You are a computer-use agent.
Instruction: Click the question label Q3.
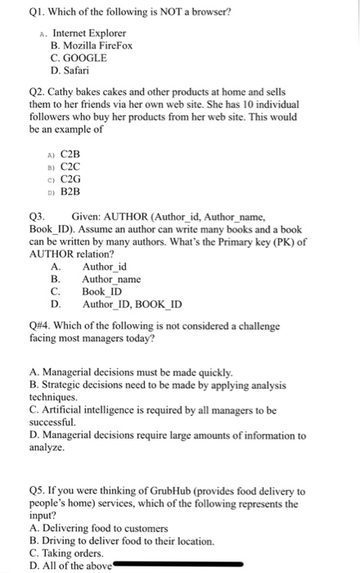pyautogui.click(x=37, y=217)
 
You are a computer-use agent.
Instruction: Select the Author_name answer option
pyautogui.click(x=111, y=279)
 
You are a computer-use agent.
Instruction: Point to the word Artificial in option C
pyautogui.click(x=61, y=410)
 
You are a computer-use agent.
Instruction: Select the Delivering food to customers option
pyautogui.click(x=103, y=528)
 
